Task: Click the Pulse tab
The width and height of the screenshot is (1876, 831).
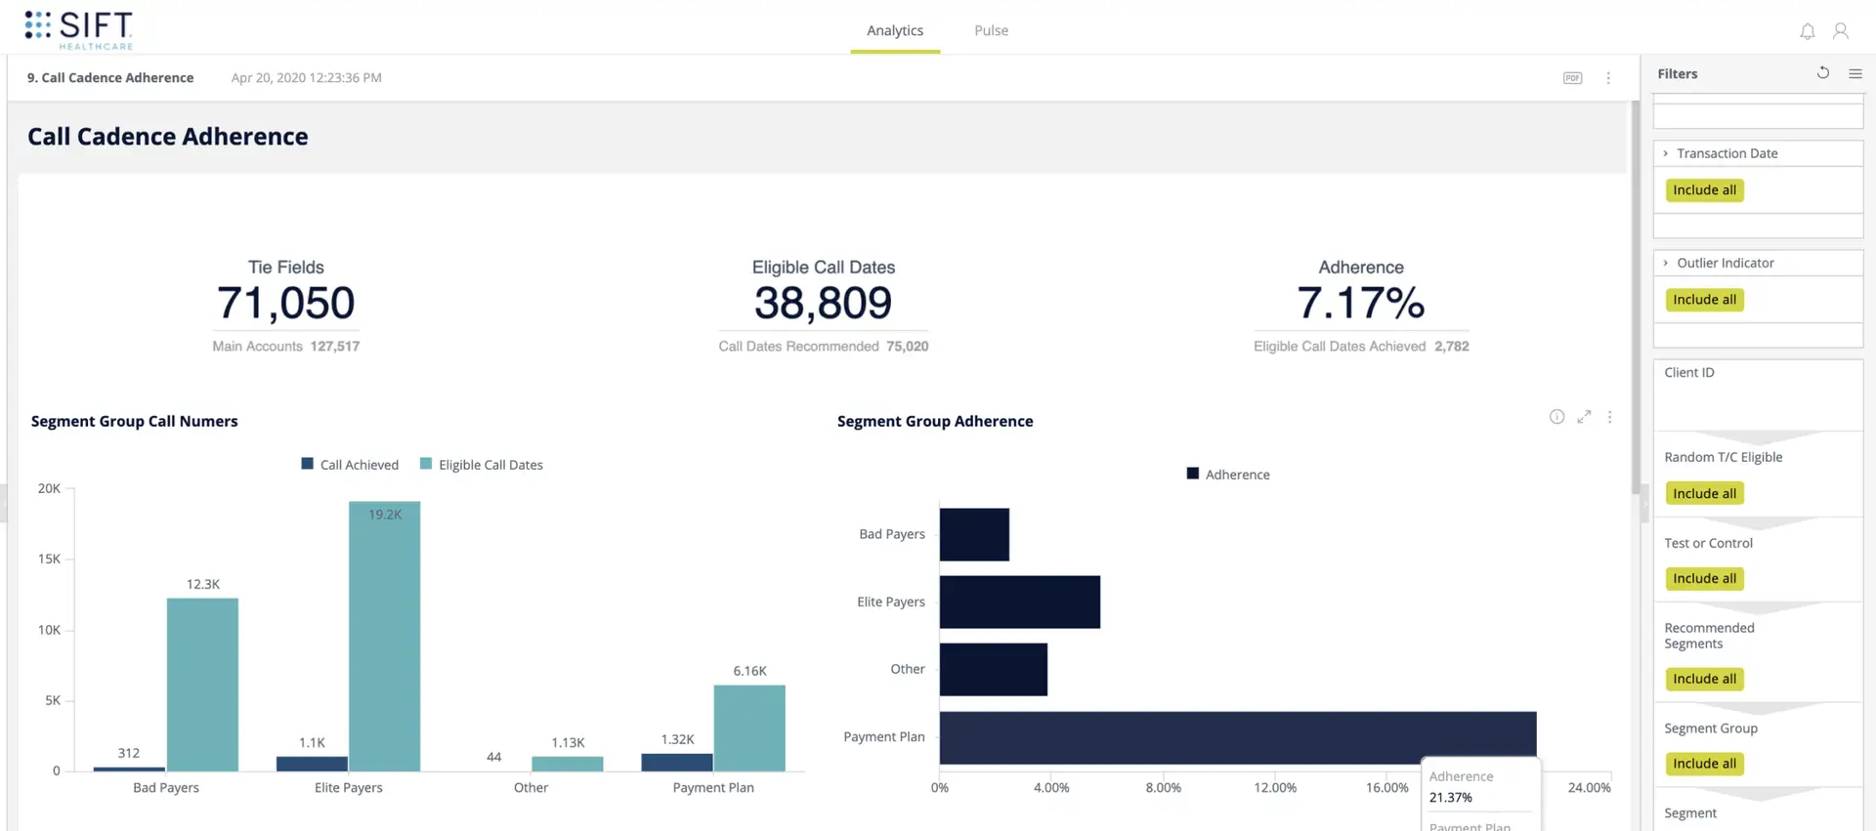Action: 991,30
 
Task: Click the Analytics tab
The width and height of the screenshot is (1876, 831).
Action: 894,30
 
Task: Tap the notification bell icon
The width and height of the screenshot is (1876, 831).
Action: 1807,31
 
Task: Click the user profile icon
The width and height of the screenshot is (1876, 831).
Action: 1840,31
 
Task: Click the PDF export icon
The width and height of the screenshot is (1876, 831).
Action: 1572,78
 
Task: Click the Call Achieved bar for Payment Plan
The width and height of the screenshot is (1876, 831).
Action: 676,762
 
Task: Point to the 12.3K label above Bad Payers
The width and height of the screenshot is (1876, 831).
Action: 203,584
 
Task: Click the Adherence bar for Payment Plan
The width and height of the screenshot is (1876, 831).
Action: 1236,737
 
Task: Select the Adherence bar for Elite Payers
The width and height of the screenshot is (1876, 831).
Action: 1019,602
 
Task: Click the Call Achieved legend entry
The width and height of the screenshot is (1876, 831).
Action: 350,465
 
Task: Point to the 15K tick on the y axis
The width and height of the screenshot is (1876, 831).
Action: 49,559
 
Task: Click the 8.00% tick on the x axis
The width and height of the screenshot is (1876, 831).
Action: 1163,787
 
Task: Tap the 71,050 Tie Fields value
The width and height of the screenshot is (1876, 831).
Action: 285,303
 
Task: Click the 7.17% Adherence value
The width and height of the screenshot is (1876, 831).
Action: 1360,303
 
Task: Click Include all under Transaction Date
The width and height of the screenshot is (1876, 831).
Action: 1704,190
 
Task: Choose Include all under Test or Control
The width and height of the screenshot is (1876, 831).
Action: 1704,578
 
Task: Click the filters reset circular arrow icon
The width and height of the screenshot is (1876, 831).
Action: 1822,73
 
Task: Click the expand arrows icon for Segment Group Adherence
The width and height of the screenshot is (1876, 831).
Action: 1584,417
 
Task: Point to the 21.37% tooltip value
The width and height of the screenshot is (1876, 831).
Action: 1450,797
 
